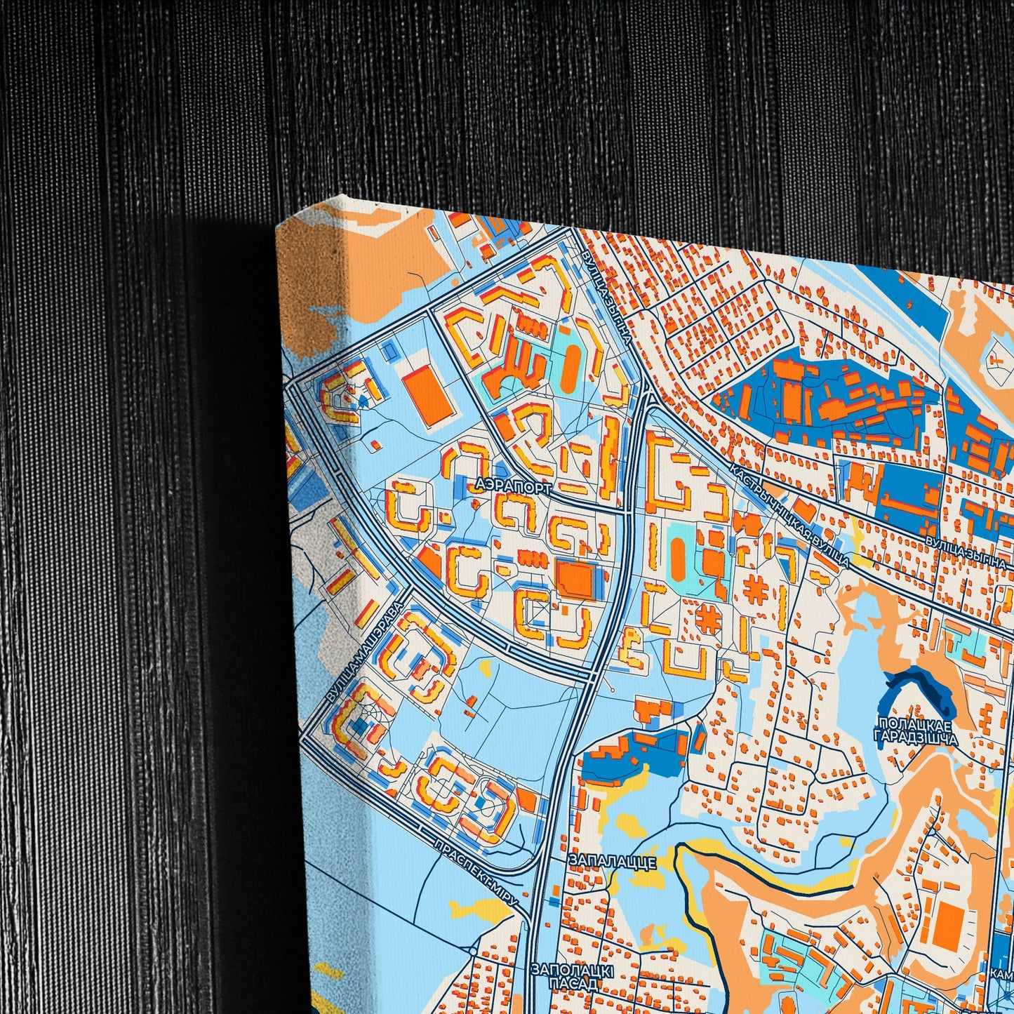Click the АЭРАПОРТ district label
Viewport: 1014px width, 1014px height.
(x=513, y=485)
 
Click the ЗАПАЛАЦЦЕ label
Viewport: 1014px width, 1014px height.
(x=613, y=861)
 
